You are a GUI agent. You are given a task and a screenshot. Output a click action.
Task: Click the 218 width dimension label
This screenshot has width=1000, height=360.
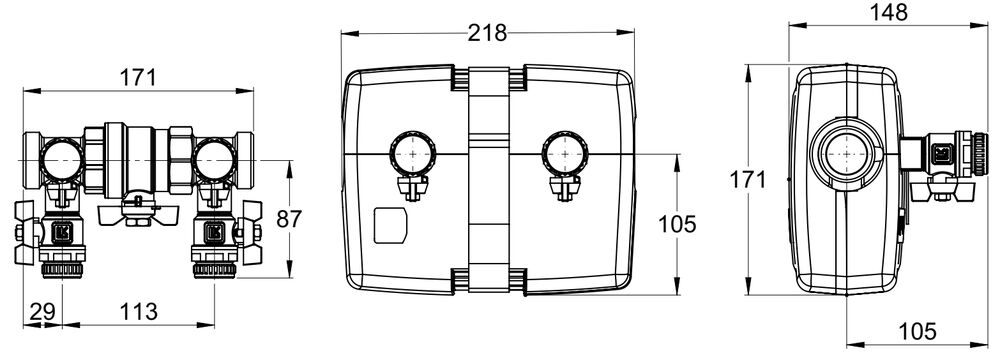coord(487,33)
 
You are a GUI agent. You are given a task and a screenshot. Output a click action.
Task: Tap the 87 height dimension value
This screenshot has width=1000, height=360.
coord(289,219)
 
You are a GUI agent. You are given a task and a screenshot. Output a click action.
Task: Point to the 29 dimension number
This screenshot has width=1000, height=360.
coord(43,311)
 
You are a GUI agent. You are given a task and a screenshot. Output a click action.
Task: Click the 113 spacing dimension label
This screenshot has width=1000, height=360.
coord(138,311)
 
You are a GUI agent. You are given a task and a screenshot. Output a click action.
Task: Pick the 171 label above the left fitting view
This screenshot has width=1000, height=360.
coord(138,78)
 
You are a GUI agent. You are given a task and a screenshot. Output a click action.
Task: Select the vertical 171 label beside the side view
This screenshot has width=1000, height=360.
coord(747,180)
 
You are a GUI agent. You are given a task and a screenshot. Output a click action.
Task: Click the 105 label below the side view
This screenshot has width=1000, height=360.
coord(917,331)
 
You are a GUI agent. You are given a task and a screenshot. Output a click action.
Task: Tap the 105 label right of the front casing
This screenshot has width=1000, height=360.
coord(677,224)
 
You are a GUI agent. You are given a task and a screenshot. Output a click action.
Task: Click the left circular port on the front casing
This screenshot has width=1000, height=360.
coord(411,154)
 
